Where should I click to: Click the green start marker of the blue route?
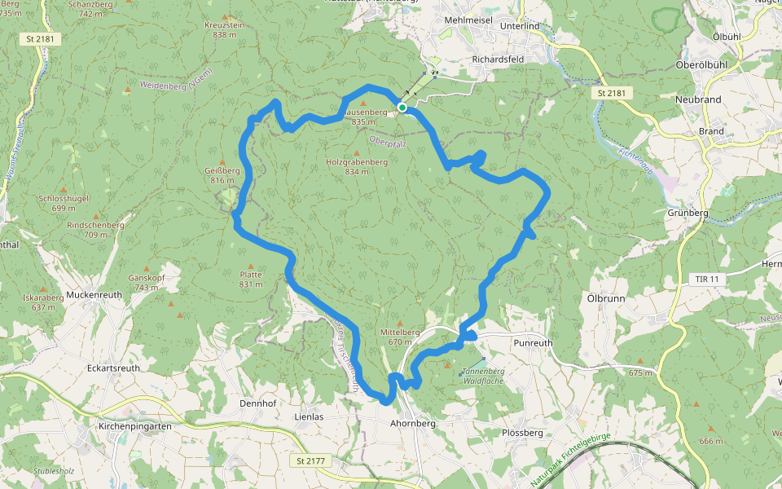coord(402,108)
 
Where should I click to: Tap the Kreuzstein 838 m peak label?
coord(224,30)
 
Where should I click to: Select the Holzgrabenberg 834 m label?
coord(356,166)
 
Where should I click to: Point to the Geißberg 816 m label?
coord(222,175)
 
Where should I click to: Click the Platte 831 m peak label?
coord(251,280)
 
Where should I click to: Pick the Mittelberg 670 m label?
coord(400,337)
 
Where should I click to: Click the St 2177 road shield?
coord(310,460)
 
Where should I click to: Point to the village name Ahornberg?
coord(413,424)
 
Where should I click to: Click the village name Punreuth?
coord(533,343)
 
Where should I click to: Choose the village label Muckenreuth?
coord(94,294)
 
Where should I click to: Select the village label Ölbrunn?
coord(605,298)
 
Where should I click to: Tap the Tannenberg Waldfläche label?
coord(484,377)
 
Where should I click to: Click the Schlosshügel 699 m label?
coord(63,203)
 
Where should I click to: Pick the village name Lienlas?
coord(308,416)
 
